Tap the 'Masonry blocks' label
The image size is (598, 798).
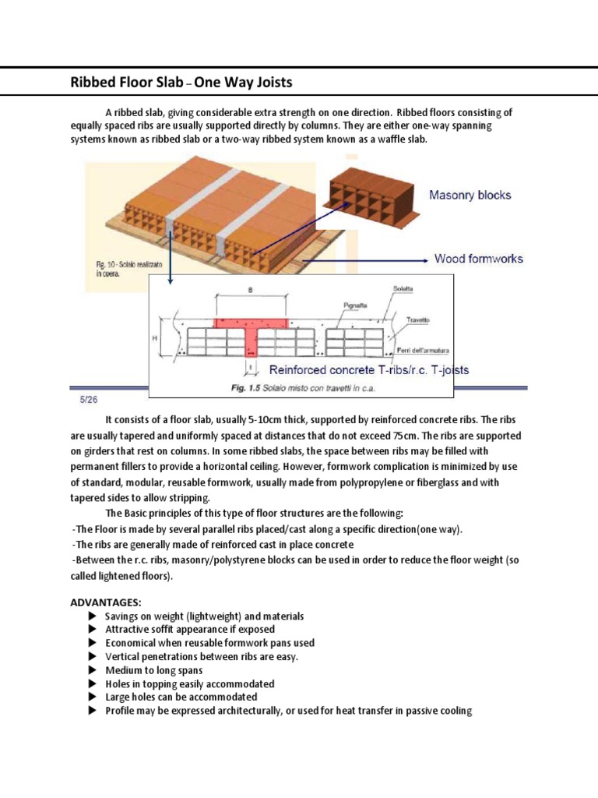click(470, 195)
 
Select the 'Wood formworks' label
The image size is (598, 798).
click(478, 259)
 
